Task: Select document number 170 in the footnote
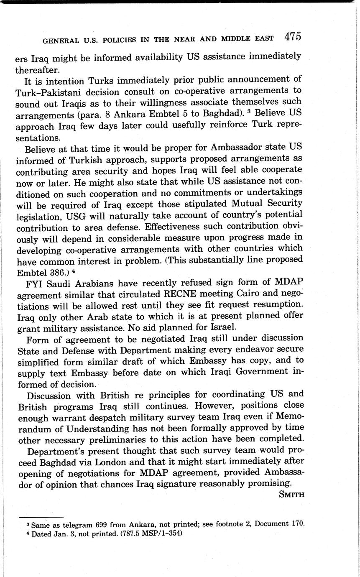coord(295,523)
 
